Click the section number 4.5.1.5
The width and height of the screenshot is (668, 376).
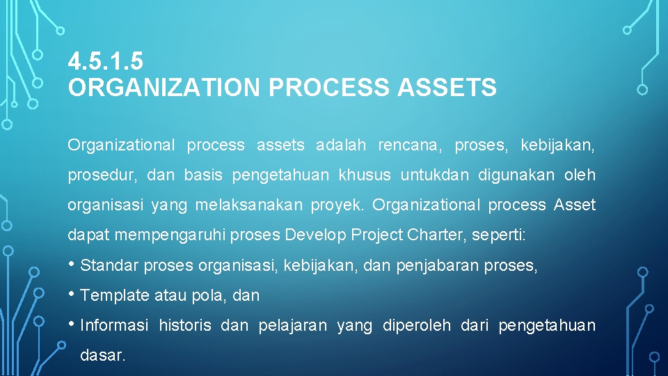pyautogui.click(x=106, y=63)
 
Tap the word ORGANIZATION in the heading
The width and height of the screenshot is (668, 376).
pyautogui.click(x=164, y=88)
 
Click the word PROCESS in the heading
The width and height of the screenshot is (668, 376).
pyautogui.click(x=328, y=88)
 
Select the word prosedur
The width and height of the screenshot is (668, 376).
pyautogui.click(x=102, y=175)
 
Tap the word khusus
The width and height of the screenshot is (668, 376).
pyautogui.click(x=365, y=175)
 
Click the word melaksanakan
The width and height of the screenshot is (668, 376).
pyautogui.click(x=249, y=205)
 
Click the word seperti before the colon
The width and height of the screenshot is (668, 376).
pyautogui.click(x=496, y=235)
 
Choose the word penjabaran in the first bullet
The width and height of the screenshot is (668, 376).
pyautogui.click(x=438, y=265)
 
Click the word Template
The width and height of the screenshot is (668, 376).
pyautogui.click(x=115, y=295)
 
